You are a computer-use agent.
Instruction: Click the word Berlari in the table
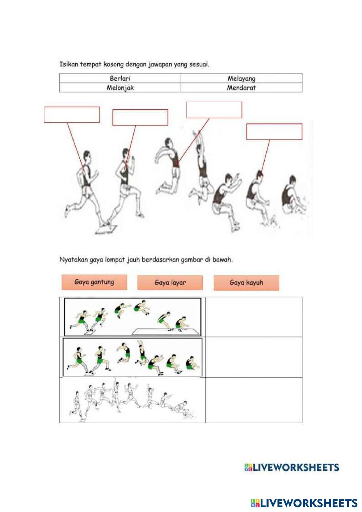tap(120, 78)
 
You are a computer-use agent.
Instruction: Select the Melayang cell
tap(241, 78)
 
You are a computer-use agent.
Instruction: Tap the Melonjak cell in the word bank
tap(120, 88)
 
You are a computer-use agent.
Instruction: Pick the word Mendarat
tap(241, 88)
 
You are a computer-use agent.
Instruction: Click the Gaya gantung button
tap(94, 282)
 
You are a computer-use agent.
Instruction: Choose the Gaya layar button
tap(170, 282)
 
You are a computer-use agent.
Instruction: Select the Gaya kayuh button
tap(246, 282)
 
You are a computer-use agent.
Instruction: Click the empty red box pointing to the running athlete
tap(72, 115)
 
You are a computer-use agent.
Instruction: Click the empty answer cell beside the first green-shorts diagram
tap(253, 317)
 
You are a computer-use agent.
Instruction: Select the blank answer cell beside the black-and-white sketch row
tap(253, 400)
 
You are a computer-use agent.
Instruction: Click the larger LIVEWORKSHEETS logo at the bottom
tap(304, 503)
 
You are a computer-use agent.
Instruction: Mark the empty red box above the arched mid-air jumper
tap(214, 110)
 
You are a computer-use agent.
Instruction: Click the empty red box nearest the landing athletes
tap(274, 131)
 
